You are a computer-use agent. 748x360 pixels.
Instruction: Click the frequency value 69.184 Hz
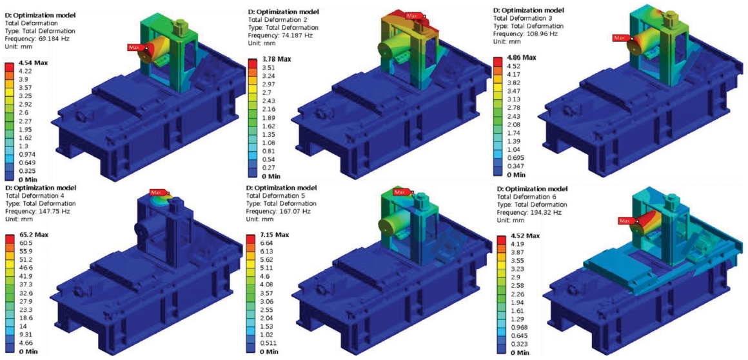pos(52,38)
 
